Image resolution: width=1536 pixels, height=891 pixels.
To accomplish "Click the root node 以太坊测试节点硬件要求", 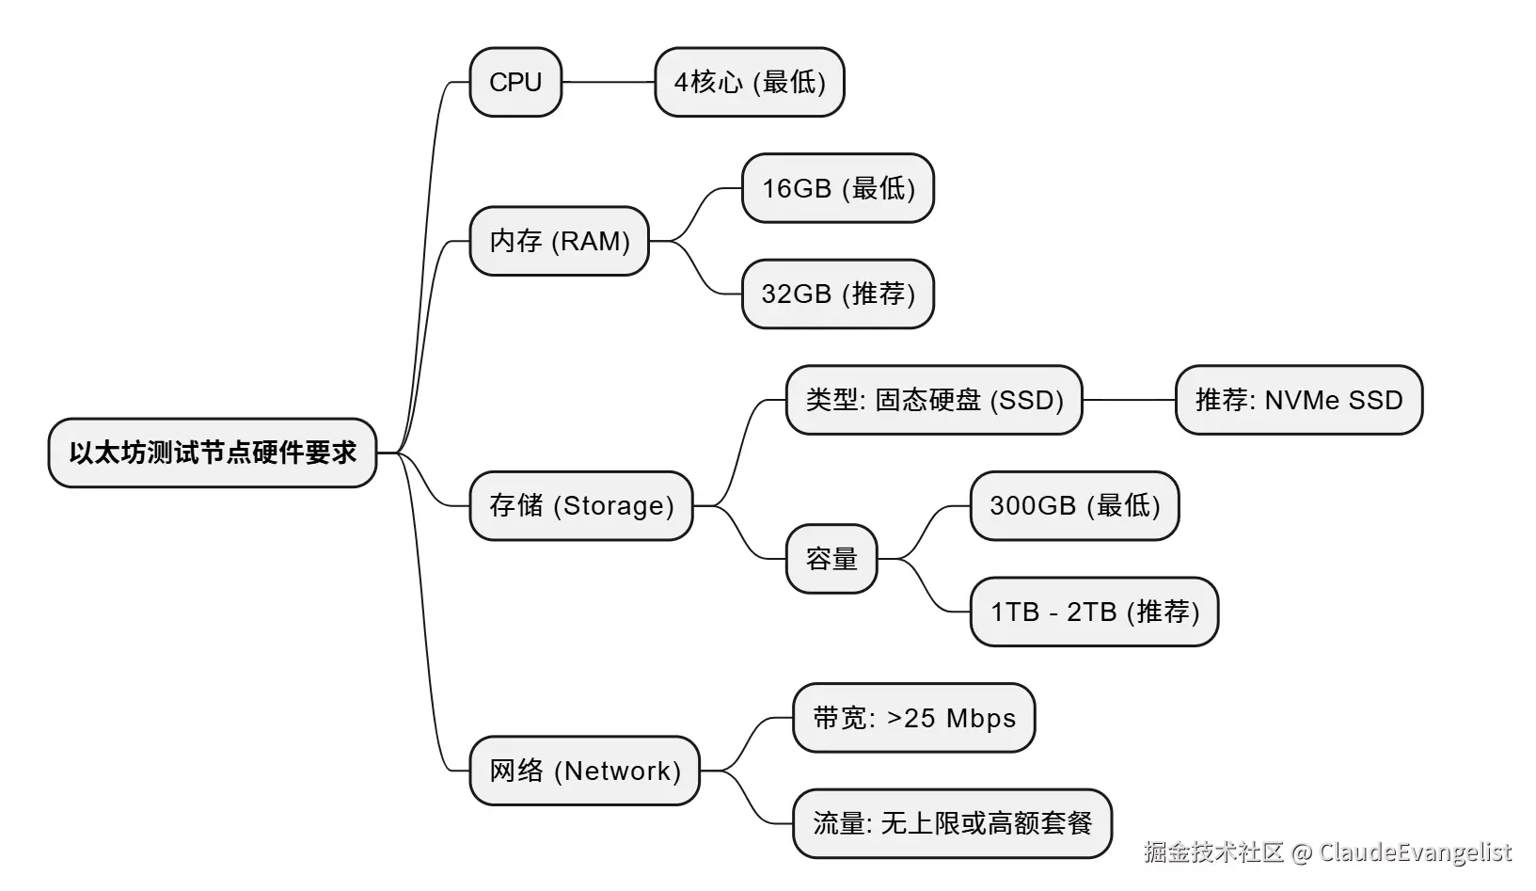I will click(x=213, y=453).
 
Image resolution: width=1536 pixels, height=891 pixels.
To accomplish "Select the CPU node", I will click(x=515, y=82).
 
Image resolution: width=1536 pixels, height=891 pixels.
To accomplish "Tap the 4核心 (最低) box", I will click(x=750, y=82).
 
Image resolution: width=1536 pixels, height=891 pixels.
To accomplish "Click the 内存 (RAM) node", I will click(x=559, y=241).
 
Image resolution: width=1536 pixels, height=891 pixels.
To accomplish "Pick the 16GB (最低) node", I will click(x=838, y=188).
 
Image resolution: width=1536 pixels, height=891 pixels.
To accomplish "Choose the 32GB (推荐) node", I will click(x=838, y=294).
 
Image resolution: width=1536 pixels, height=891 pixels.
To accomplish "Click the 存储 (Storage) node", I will click(x=581, y=505).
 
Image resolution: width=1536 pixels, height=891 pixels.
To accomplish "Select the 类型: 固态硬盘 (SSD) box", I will click(x=934, y=400).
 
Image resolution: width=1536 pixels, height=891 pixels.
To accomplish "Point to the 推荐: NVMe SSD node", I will click(x=1299, y=400).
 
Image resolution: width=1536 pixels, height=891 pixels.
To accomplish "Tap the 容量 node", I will click(x=831, y=559).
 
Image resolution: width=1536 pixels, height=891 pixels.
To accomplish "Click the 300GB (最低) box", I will click(x=1074, y=505).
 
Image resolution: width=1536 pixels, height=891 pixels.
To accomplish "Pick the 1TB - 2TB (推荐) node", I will click(x=1094, y=612).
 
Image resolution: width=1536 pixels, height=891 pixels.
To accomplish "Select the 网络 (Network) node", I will click(x=584, y=771).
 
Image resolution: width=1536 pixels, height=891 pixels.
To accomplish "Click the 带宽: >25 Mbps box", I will click(x=913, y=718).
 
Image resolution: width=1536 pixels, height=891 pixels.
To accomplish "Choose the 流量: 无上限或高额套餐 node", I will click(x=952, y=823).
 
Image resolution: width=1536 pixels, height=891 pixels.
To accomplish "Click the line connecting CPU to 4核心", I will click(x=609, y=82).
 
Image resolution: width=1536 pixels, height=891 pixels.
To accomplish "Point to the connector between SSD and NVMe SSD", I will click(x=1129, y=400).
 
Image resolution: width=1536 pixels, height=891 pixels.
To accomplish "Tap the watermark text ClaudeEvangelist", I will click(x=1415, y=852).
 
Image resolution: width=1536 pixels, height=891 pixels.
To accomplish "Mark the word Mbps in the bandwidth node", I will click(x=981, y=719).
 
